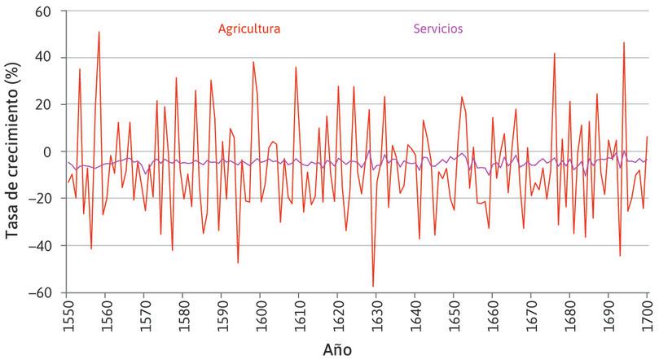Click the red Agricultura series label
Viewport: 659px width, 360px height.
[249, 29]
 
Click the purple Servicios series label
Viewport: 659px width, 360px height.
[438, 29]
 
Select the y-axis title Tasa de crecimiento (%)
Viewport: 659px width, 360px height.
[13, 151]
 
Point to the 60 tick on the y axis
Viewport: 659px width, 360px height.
[43, 11]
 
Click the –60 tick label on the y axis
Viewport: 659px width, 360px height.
[41, 292]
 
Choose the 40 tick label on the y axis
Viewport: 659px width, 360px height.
[43, 58]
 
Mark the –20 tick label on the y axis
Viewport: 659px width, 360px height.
[41, 199]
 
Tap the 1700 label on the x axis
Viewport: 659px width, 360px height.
[648, 314]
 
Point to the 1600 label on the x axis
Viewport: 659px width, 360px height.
[261, 314]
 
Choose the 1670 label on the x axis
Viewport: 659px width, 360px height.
[531, 314]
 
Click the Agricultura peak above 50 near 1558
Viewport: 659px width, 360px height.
[99, 33]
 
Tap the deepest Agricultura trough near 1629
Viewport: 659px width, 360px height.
[373, 287]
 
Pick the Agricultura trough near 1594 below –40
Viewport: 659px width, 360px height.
[238, 262]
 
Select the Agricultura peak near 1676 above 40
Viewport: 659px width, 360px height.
[554, 54]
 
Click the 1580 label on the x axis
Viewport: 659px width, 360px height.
[183, 314]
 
